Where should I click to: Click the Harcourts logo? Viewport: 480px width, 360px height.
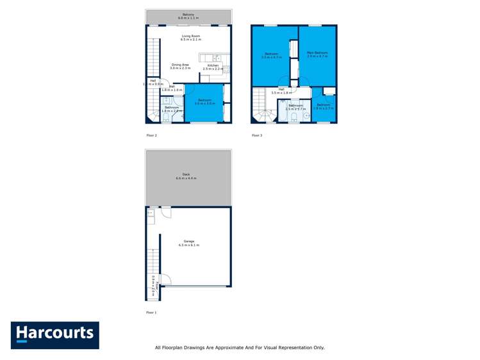pyautogui.click(x=54, y=334)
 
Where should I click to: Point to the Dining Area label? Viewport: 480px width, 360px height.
pyautogui.click(x=180, y=65)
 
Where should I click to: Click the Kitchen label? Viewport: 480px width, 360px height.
pyautogui.click(x=211, y=66)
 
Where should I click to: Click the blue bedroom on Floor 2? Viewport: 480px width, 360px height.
pyautogui.click(x=204, y=102)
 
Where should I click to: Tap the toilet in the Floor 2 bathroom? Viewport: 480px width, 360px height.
pyautogui.click(x=165, y=117)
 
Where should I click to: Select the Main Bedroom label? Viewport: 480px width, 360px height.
pyautogui.click(x=317, y=54)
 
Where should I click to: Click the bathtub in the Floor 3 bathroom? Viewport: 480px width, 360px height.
pyautogui.click(x=281, y=111)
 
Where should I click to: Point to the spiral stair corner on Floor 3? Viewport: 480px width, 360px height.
pyautogui.click(x=262, y=116)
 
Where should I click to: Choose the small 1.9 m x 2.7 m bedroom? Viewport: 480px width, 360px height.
pyautogui.click(x=323, y=106)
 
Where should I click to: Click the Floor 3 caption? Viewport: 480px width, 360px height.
pyautogui.click(x=256, y=135)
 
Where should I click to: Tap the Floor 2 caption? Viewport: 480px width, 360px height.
pyautogui.click(x=151, y=135)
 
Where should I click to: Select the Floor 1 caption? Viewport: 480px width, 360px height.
pyautogui.click(x=151, y=312)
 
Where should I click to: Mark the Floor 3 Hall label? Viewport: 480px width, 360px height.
pyautogui.click(x=281, y=91)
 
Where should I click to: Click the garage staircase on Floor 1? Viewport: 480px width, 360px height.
pyautogui.click(x=153, y=263)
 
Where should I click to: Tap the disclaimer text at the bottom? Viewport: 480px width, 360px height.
pyautogui.click(x=240, y=347)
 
